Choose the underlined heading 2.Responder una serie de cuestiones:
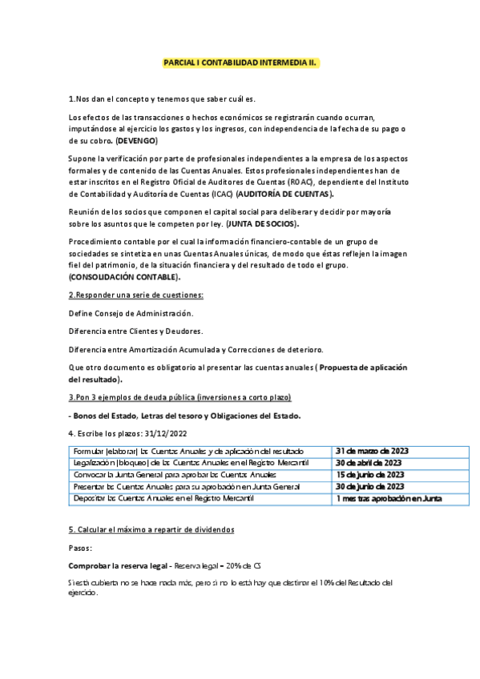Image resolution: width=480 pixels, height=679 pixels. (135, 295)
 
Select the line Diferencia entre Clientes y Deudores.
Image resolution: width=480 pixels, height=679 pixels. (135, 331)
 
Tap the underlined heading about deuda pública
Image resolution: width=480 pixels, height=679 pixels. (179, 397)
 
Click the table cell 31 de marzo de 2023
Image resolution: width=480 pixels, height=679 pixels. (372, 451)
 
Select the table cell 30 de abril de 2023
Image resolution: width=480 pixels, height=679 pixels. (369, 463)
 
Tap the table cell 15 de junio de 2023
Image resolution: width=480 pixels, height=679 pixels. (369, 475)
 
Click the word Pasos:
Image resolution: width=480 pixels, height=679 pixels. (81, 548)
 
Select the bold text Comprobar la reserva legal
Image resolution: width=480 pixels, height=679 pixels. (116, 565)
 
